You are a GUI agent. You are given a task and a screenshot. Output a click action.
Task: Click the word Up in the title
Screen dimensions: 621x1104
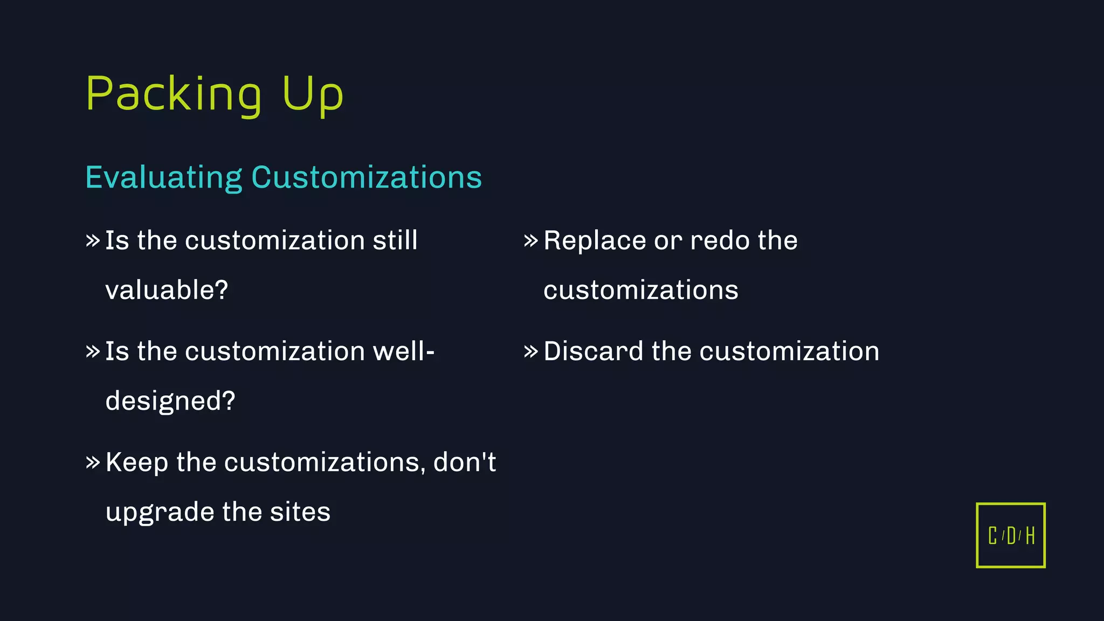pyautogui.click(x=312, y=94)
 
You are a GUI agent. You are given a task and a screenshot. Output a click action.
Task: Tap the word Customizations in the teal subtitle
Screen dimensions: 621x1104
pyautogui.click(x=367, y=177)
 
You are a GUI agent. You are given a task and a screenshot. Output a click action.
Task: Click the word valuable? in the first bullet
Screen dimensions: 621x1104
pyautogui.click(x=167, y=290)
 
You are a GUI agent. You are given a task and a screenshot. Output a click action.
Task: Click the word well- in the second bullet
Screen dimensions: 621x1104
pyautogui.click(x=404, y=351)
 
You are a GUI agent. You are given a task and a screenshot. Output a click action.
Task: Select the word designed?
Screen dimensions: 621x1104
pyautogui.click(x=170, y=401)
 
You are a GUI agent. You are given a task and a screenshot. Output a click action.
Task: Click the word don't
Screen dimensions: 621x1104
pyautogui.click(x=464, y=463)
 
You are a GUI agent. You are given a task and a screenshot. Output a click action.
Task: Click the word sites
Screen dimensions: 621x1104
pyautogui.click(x=300, y=512)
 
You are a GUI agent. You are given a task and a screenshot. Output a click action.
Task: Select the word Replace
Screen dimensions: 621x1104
pyautogui.click(x=594, y=240)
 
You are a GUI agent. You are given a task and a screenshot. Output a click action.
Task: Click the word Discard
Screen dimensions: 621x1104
pyautogui.click(x=593, y=351)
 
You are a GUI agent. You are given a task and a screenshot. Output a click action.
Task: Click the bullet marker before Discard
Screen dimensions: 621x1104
pyautogui.click(x=530, y=351)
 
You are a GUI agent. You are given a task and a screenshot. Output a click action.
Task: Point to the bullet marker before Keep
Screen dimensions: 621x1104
pyautogui.click(x=93, y=463)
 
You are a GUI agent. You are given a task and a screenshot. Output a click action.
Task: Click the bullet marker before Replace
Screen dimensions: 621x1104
pyautogui.click(x=530, y=240)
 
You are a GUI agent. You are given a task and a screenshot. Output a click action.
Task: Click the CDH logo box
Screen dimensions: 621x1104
pyautogui.click(x=1010, y=535)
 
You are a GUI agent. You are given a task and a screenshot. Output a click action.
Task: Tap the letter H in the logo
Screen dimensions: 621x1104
pyautogui.click(x=1030, y=536)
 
